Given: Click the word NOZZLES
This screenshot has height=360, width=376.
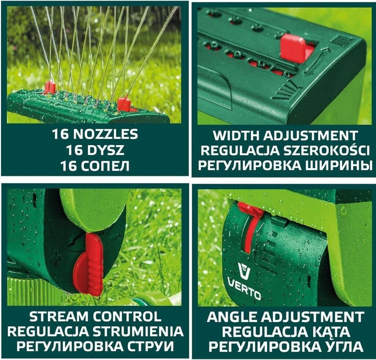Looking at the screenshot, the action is pos(105,134).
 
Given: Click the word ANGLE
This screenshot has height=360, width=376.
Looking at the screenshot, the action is pos(232,317).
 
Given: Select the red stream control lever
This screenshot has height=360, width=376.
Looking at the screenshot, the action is pos(89,264).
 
